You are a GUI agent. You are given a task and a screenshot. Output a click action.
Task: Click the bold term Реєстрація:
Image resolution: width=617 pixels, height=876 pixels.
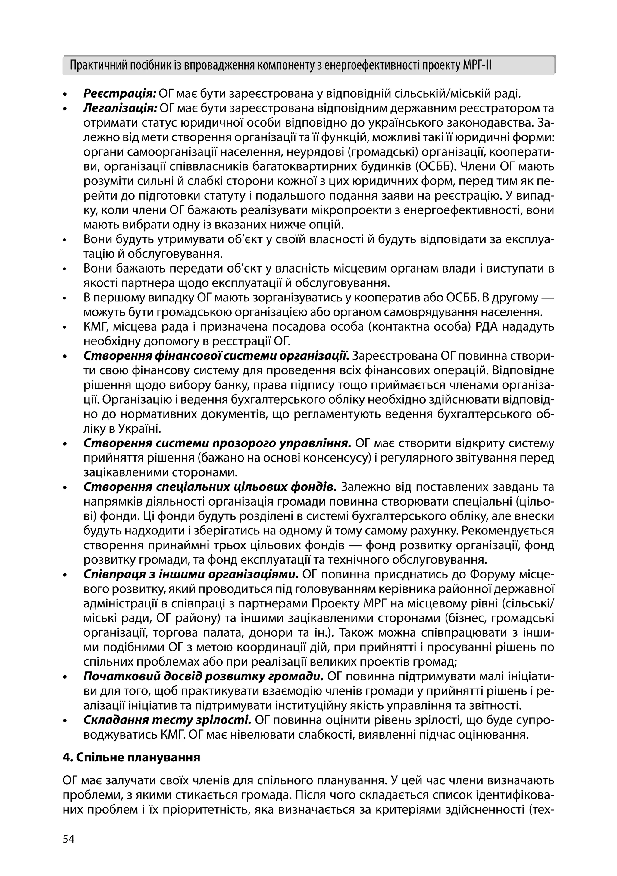coord(120,93)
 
